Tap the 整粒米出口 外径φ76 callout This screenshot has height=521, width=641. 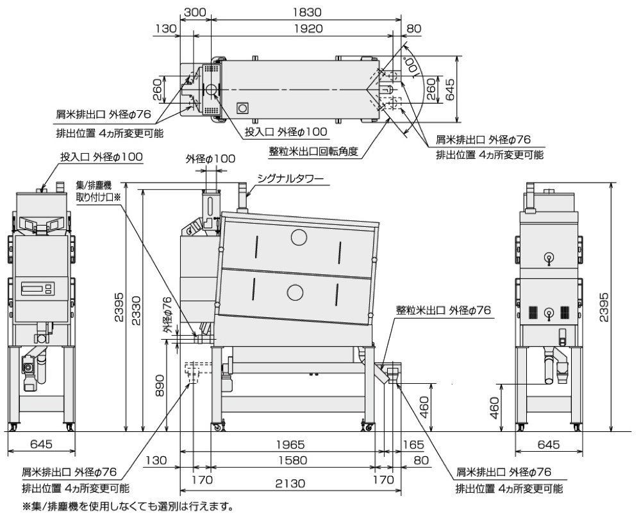tap(443, 310)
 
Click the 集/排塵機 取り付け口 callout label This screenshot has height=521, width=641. tap(98, 192)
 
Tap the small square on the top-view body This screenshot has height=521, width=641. tap(242, 108)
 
